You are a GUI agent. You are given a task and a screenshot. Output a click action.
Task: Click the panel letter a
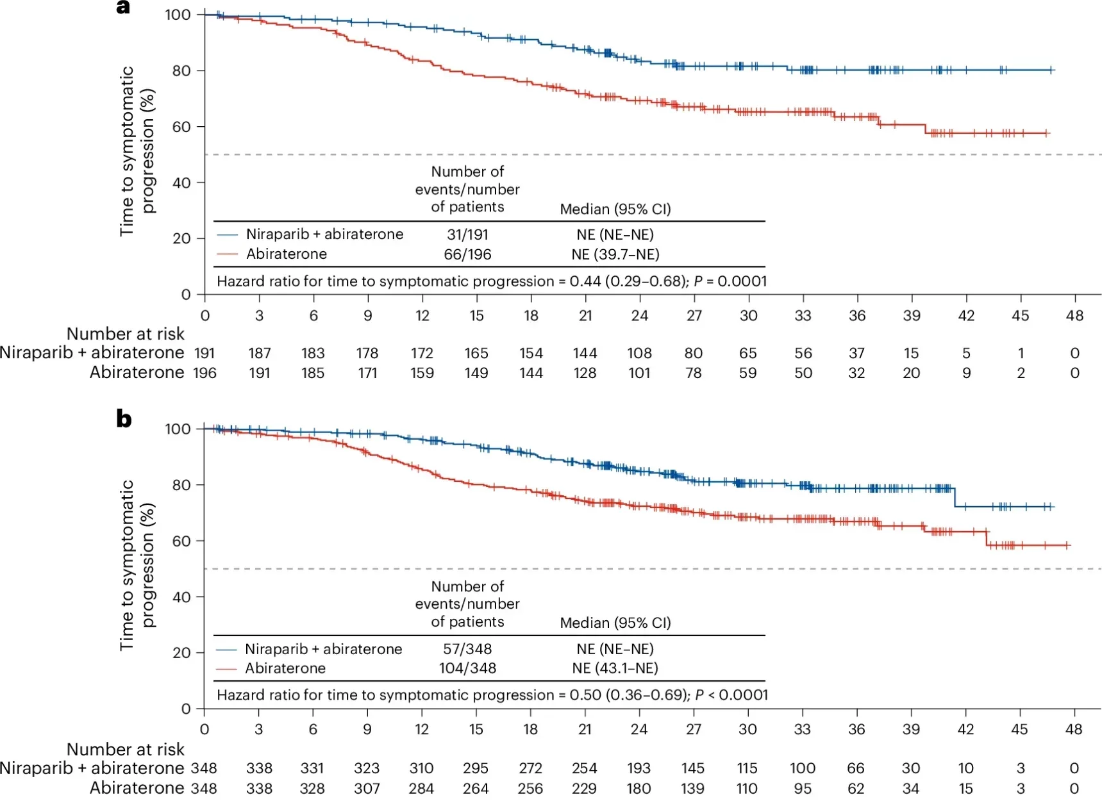click(x=123, y=8)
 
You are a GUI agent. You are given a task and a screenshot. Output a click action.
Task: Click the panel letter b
click(x=124, y=419)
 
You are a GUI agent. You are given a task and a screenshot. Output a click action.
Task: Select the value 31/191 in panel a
click(x=467, y=234)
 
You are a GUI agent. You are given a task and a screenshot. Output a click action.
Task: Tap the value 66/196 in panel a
click(x=467, y=254)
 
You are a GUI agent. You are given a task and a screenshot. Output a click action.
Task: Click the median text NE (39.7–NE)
click(x=615, y=254)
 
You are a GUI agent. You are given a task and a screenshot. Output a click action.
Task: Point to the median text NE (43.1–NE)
click(x=615, y=668)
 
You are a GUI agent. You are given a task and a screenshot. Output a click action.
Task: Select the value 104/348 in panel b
click(x=467, y=668)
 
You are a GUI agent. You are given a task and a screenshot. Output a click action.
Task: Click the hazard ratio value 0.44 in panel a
click(x=585, y=281)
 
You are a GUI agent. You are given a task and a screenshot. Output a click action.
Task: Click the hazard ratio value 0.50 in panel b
click(x=585, y=695)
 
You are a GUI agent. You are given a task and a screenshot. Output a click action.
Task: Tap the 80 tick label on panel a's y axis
click(x=181, y=70)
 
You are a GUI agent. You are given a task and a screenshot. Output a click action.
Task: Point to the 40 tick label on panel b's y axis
click(x=181, y=597)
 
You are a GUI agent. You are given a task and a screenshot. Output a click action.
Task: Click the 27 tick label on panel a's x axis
click(x=694, y=316)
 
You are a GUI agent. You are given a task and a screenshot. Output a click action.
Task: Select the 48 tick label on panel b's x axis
click(x=1073, y=730)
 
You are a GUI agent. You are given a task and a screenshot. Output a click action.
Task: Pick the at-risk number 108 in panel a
click(x=639, y=354)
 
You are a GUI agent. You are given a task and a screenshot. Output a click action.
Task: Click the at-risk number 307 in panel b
click(x=367, y=788)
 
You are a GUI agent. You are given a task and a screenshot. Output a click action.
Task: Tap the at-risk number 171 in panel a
click(x=367, y=373)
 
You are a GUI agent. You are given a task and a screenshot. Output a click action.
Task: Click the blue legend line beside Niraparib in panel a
click(x=227, y=234)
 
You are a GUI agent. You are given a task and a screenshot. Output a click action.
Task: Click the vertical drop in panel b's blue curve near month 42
click(x=955, y=498)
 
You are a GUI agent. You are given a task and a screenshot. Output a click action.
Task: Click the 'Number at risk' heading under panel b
click(x=125, y=749)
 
